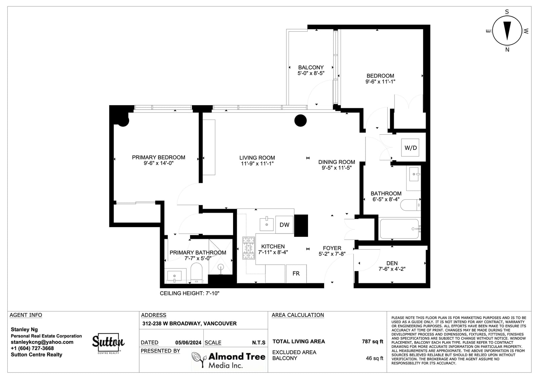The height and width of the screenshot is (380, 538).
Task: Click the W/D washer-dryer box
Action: (x=410, y=147)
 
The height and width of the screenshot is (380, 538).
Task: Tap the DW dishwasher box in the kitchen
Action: (x=284, y=225)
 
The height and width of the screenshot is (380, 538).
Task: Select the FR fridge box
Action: (x=296, y=273)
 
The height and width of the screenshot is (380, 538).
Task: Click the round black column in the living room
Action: (x=301, y=121)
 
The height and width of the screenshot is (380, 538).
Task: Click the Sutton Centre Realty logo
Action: (x=108, y=343)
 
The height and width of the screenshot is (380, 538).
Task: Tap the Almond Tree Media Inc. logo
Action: (x=228, y=360)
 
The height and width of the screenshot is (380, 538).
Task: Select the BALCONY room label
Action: (x=311, y=68)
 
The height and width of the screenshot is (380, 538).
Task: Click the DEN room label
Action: (x=392, y=263)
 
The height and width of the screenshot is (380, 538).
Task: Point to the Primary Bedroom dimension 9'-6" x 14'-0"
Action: (x=158, y=163)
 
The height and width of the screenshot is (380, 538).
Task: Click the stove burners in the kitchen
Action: (x=248, y=248)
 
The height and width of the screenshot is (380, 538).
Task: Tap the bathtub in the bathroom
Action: (x=399, y=229)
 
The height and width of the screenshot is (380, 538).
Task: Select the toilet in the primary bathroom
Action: (x=196, y=273)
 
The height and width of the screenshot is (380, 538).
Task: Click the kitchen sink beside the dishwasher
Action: (x=267, y=224)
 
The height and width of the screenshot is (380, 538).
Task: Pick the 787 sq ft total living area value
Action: (x=373, y=341)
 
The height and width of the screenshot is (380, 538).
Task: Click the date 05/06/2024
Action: (x=188, y=343)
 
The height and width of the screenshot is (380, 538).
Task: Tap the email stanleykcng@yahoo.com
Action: (x=42, y=342)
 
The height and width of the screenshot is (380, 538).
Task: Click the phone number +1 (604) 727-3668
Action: (x=32, y=348)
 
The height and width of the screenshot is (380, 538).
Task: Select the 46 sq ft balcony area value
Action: (x=375, y=358)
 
